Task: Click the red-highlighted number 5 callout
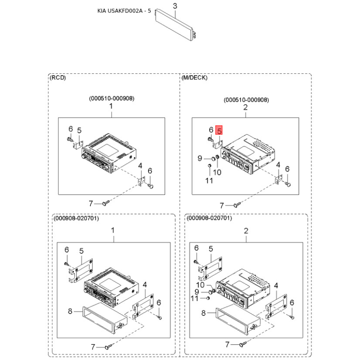pos(219,130)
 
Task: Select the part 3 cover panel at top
pos(175,25)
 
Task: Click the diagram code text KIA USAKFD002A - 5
pos(124,11)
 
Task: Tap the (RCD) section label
pos(58,77)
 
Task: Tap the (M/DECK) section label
pos(194,77)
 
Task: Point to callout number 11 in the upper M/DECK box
pos(209,180)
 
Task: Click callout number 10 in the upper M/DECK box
pos(217,172)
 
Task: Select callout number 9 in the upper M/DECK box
pos(200,158)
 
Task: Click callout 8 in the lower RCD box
pos(70,311)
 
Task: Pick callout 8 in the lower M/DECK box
pos(203,313)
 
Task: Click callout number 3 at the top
pos(175,6)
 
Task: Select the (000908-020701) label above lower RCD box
pos(76,218)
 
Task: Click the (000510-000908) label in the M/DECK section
pos(246,100)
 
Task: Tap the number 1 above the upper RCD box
pos(111,106)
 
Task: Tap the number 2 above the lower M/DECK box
pos(246,231)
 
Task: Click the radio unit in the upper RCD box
pos(109,153)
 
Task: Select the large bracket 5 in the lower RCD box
pos(81,270)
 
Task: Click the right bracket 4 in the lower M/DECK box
pos(276,306)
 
